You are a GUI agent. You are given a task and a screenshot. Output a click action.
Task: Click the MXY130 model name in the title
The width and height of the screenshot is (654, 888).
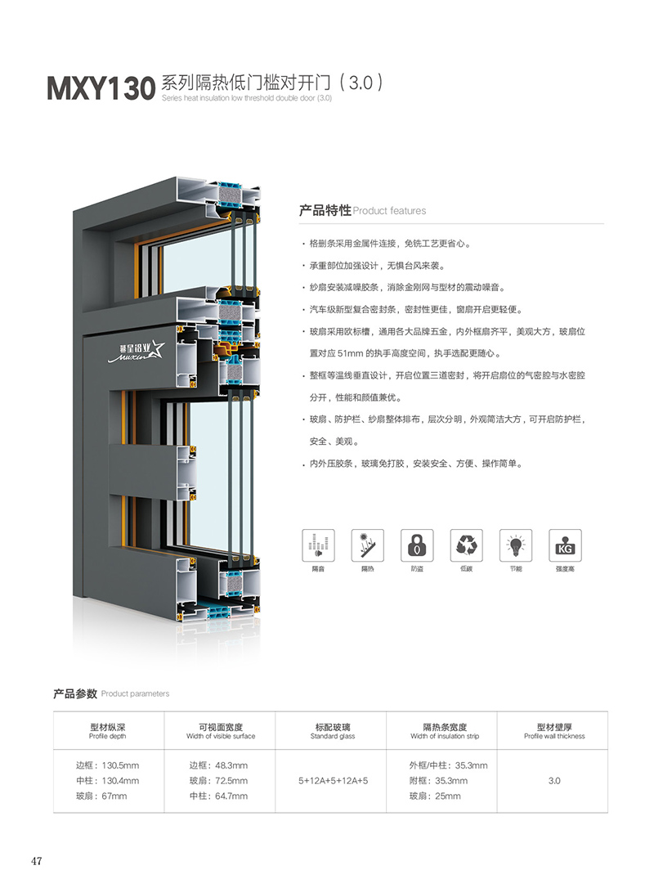[101, 88]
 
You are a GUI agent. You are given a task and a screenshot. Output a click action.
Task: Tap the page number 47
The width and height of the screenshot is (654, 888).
[36, 861]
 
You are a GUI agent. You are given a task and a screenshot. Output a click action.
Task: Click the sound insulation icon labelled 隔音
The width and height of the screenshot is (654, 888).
[318, 545]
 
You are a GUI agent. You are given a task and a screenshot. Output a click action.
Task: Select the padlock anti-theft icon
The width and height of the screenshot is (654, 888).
[417, 545]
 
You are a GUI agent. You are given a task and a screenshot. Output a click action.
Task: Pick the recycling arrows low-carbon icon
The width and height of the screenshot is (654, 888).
[467, 545]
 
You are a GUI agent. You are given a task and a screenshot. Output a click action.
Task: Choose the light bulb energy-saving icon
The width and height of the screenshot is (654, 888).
[516, 545]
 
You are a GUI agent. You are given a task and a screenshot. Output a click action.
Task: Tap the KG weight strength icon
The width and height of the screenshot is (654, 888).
[565, 545]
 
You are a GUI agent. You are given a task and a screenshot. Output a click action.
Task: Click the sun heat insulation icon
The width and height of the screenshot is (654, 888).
[368, 545]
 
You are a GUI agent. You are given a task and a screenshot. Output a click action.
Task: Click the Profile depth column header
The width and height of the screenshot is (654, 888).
[108, 731]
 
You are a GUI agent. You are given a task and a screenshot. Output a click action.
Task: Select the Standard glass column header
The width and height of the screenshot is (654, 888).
[333, 731]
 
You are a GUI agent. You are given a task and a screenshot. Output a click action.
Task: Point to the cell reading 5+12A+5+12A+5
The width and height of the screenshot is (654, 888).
[333, 780]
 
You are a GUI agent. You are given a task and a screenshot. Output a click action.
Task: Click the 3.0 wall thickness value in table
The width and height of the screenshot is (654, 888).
[554, 780]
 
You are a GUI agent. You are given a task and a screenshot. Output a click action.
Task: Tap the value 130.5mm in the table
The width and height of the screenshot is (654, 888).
[121, 765]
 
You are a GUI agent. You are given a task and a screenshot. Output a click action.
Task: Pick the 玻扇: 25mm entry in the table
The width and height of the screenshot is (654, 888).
[435, 796]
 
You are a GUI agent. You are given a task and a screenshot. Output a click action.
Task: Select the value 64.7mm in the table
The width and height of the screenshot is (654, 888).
[231, 796]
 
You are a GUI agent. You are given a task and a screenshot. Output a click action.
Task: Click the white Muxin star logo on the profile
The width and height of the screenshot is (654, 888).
[137, 351]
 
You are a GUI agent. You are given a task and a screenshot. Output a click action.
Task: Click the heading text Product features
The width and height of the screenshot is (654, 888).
[390, 211]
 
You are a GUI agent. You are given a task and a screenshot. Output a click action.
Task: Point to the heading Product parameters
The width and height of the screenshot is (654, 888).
[136, 693]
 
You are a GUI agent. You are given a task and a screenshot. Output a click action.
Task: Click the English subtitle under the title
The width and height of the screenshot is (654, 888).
[247, 98]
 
